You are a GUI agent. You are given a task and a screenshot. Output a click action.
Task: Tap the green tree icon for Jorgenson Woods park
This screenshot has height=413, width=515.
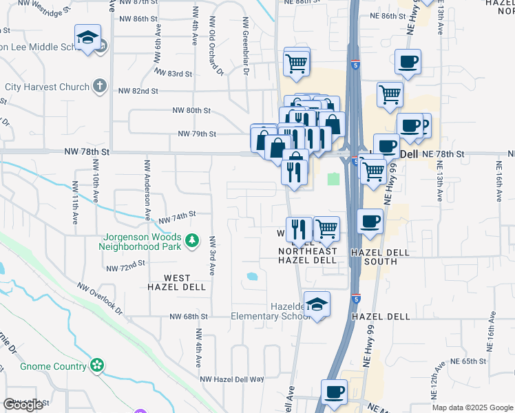tap(193, 241)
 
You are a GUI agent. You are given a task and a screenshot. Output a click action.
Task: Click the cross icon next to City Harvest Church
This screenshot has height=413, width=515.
tap(100, 87)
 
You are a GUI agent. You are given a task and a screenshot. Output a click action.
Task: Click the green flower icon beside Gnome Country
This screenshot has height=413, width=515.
tap(98, 366)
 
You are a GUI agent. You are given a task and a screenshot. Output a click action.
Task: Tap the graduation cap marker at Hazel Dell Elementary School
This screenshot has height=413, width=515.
tap(317, 305)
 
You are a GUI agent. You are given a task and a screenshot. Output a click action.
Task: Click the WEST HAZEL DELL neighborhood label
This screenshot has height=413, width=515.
tap(177, 282)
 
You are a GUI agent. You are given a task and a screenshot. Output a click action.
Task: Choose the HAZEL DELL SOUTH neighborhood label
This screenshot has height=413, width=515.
tap(379, 257)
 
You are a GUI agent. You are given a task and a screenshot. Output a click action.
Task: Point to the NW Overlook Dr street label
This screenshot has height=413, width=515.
tap(100, 299)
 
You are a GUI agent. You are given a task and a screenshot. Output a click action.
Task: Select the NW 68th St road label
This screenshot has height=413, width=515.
tap(189, 317)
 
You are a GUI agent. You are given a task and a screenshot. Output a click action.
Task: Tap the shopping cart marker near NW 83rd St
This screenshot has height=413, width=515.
tap(296, 63)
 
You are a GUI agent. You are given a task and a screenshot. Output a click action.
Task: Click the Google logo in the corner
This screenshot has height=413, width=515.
tap(23, 405)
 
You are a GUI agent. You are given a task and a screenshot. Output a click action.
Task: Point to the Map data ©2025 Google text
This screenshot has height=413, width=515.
tap(472, 407)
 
